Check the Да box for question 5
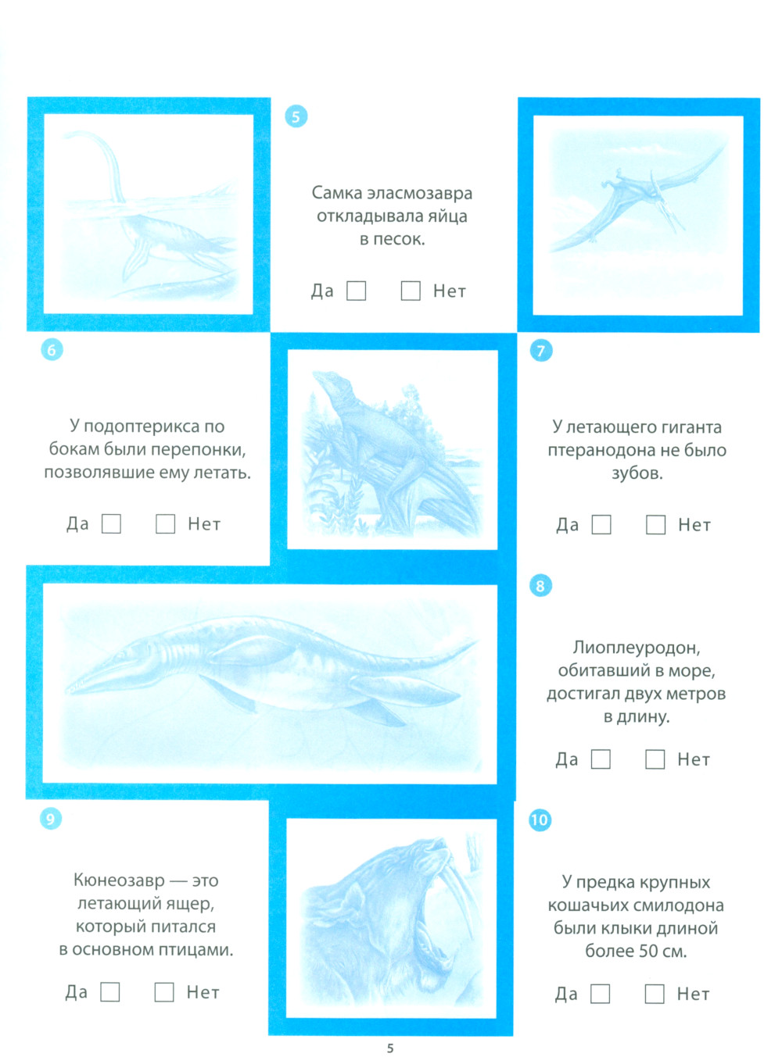(x=356, y=290)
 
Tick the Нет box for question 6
(x=165, y=523)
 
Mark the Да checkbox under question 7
(x=601, y=524)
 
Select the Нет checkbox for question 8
(x=655, y=759)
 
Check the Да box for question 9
(x=109, y=991)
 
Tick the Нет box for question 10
(x=654, y=994)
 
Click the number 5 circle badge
(x=296, y=116)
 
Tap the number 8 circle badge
(x=540, y=585)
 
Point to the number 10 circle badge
(x=540, y=820)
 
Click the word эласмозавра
(x=419, y=194)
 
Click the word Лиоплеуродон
(x=637, y=648)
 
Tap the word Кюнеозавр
(x=119, y=880)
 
